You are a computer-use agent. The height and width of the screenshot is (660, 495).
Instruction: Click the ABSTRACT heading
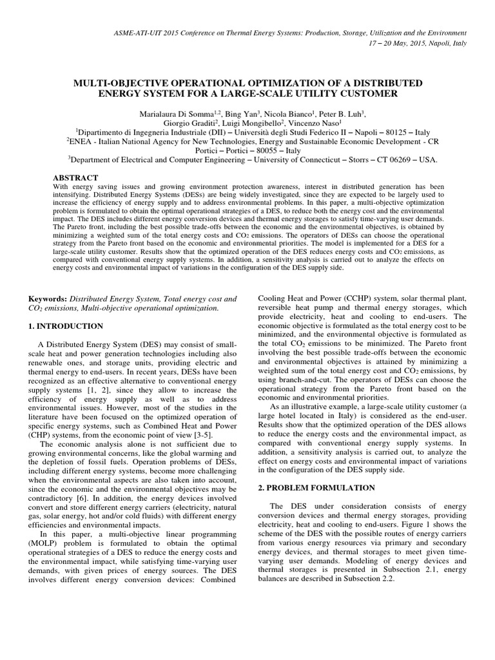point(75,177)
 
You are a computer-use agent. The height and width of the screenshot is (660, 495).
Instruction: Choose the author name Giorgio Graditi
point(184,122)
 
